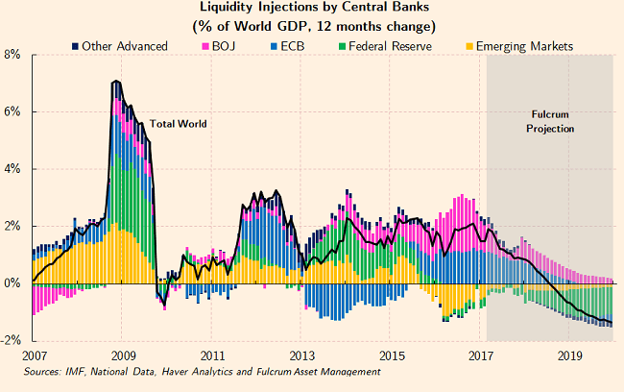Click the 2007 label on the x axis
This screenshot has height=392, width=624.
(32, 355)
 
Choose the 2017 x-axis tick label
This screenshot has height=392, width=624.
(481, 355)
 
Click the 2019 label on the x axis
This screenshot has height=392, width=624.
(571, 355)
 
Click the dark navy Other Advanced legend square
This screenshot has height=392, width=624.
(76, 44)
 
